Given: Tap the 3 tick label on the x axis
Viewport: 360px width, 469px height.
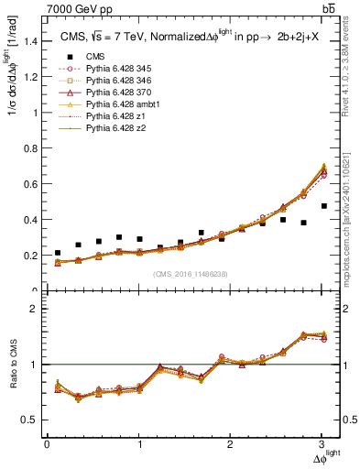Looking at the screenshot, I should (323, 445).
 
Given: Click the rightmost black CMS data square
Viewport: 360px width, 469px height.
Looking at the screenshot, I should (324, 232).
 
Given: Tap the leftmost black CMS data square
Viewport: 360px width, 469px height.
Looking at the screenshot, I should (58, 253).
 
